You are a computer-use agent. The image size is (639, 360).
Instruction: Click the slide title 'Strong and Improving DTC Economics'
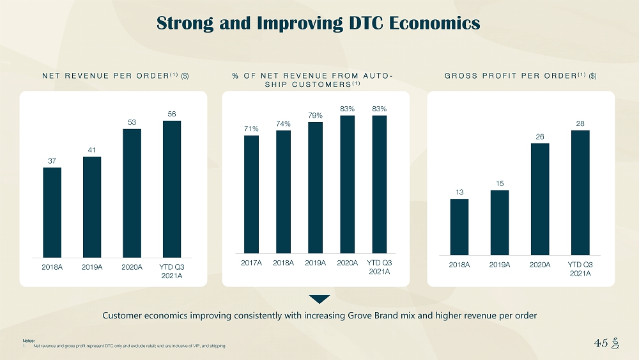(318, 24)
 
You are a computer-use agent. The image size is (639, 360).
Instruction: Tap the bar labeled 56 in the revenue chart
(172, 185)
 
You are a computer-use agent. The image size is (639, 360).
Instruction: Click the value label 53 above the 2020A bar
(132, 121)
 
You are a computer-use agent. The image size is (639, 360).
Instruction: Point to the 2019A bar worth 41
(92, 205)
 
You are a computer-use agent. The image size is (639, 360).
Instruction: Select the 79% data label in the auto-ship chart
(315, 115)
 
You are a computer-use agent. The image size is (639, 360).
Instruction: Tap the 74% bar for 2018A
(283, 192)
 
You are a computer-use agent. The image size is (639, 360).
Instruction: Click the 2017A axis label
(251, 263)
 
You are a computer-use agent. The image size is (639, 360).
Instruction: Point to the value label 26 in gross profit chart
(540, 136)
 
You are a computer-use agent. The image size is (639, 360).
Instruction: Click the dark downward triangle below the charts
(319, 299)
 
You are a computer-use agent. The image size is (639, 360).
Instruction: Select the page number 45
(600, 343)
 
